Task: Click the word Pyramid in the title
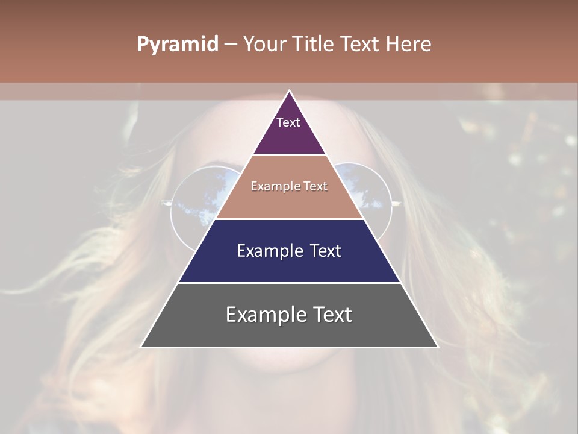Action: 177,45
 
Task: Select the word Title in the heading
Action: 313,45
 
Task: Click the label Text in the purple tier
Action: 288,122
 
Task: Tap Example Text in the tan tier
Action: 289,186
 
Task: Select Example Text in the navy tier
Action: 289,251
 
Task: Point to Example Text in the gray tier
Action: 289,315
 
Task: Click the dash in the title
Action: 231,45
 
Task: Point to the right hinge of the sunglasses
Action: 396,204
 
